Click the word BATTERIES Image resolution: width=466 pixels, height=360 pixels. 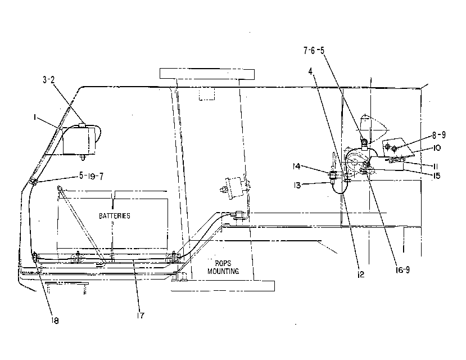pyautogui.click(x=115, y=216)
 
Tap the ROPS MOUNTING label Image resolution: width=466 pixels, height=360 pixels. pyautogui.click(x=223, y=267)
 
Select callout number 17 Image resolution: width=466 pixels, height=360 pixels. pyautogui.click(x=141, y=316)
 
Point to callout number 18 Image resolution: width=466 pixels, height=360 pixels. pyautogui.click(x=55, y=321)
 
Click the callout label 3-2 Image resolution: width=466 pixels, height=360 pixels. pyautogui.click(x=49, y=80)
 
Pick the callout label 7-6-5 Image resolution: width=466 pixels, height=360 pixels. pyautogui.click(x=314, y=51)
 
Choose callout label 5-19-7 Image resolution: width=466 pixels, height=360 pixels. pyautogui.click(x=91, y=176)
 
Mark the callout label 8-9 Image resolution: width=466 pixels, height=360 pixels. pyautogui.click(x=439, y=135)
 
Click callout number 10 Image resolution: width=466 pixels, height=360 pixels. pyautogui.click(x=437, y=148)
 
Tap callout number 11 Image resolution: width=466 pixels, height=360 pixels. pyautogui.click(x=436, y=166)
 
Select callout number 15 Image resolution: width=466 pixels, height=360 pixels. pyautogui.click(x=436, y=176)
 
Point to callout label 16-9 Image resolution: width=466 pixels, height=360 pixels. pyautogui.click(x=402, y=270)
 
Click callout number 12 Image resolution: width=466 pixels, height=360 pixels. pyautogui.click(x=360, y=274)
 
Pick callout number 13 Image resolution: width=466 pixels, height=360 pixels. pyautogui.click(x=297, y=185)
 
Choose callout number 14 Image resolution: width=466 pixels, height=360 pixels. pyautogui.click(x=297, y=166)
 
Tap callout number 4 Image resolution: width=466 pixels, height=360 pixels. pyautogui.click(x=310, y=71)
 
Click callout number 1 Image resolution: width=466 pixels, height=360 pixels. pyautogui.click(x=35, y=118)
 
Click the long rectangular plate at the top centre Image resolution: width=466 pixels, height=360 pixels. pyautogui.click(x=207, y=74)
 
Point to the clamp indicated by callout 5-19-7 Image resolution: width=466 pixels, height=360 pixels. pyautogui.click(x=33, y=181)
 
